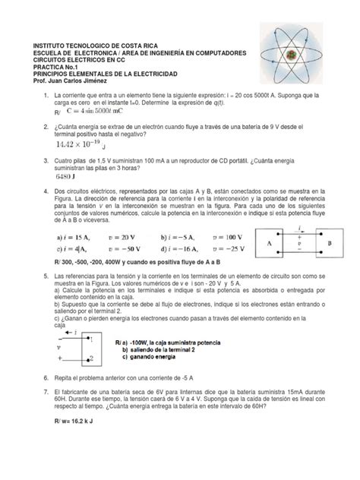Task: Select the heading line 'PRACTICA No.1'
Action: (50, 65)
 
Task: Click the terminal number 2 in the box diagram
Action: (90, 358)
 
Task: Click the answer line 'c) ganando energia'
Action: (152, 357)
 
